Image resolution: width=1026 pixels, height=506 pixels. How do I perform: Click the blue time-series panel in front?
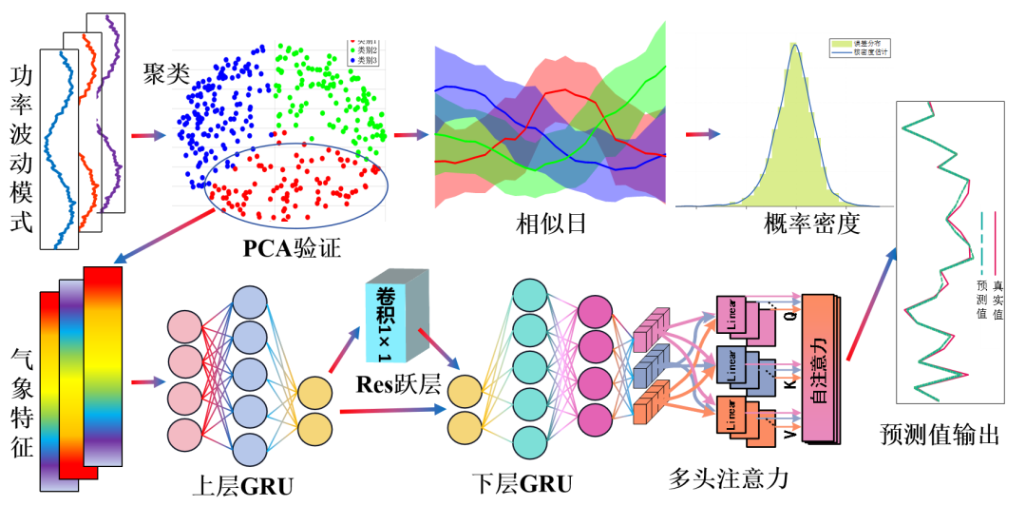[58, 152]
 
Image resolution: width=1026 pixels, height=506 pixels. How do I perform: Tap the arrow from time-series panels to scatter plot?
[148, 135]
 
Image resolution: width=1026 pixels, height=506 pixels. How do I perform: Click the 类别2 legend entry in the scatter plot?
[365, 50]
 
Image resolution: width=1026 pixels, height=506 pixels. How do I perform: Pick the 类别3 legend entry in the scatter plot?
[365, 60]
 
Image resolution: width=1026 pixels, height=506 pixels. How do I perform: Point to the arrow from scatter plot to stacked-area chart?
[410, 135]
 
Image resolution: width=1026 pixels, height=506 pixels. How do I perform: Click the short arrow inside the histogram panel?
[703, 134]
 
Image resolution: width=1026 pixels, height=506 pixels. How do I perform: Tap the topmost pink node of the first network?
[185, 327]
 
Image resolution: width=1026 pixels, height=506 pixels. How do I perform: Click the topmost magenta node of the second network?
[596, 314]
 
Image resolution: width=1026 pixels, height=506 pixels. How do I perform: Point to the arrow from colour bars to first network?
[148, 382]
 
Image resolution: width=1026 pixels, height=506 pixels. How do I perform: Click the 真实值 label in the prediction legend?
[997, 299]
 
